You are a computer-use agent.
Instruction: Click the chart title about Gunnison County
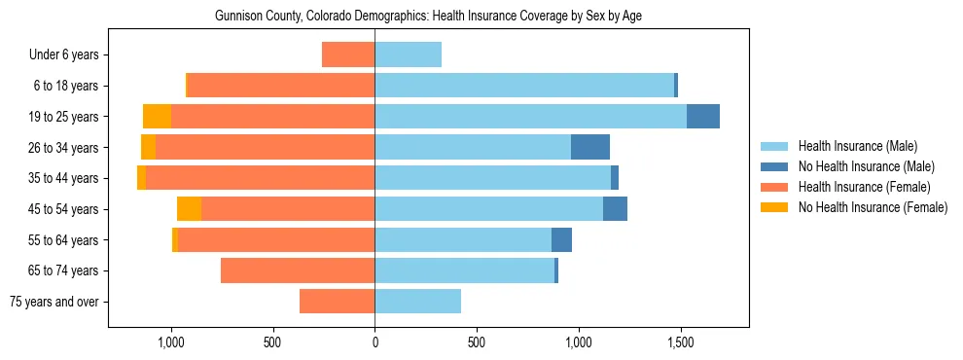pyautogui.click(x=428, y=17)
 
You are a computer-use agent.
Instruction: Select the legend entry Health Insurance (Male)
pyautogui.click(x=857, y=146)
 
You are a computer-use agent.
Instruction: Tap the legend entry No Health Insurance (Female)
pyautogui.click(x=873, y=207)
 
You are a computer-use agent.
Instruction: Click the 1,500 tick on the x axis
pyautogui.click(x=680, y=342)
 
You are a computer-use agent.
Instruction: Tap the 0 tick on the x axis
pyautogui.click(x=374, y=342)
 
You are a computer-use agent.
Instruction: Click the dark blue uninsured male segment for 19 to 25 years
pyautogui.click(x=703, y=117)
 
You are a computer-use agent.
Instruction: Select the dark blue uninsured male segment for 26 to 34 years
pyautogui.click(x=590, y=148)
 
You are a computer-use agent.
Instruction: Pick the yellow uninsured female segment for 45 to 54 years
pyautogui.click(x=189, y=209)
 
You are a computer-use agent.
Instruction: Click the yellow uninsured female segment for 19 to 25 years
pyautogui.click(x=157, y=117)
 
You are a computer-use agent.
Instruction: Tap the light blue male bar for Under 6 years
pyautogui.click(x=408, y=55)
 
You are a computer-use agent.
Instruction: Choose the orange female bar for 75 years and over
pyautogui.click(x=337, y=302)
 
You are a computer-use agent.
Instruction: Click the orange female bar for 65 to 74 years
pyautogui.click(x=298, y=270)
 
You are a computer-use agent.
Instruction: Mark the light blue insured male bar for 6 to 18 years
pyautogui.click(x=524, y=86)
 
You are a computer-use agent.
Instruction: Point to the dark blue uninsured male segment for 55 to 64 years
pyautogui.click(x=561, y=240)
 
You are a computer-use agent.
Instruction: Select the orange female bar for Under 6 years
pyautogui.click(x=348, y=55)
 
